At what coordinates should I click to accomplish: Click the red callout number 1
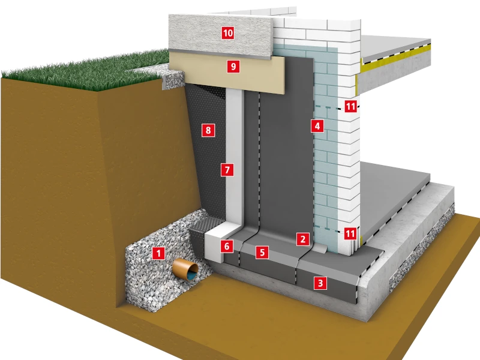point(158,253)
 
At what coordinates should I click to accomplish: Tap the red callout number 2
point(303,239)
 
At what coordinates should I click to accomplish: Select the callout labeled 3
point(320,283)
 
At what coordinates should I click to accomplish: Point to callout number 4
point(317,126)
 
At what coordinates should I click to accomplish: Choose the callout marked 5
point(262,253)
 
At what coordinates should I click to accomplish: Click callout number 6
point(227,246)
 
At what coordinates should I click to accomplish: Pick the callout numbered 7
point(227,170)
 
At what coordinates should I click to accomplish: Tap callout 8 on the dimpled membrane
point(208,130)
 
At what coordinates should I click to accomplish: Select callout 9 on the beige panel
point(233,66)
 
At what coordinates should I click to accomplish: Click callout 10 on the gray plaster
point(228,33)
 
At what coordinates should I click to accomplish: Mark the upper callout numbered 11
point(350,106)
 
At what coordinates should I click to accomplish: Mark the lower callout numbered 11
point(350,233)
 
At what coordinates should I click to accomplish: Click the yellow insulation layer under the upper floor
point(395,58)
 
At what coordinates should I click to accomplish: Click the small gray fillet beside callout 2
point(320,248)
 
